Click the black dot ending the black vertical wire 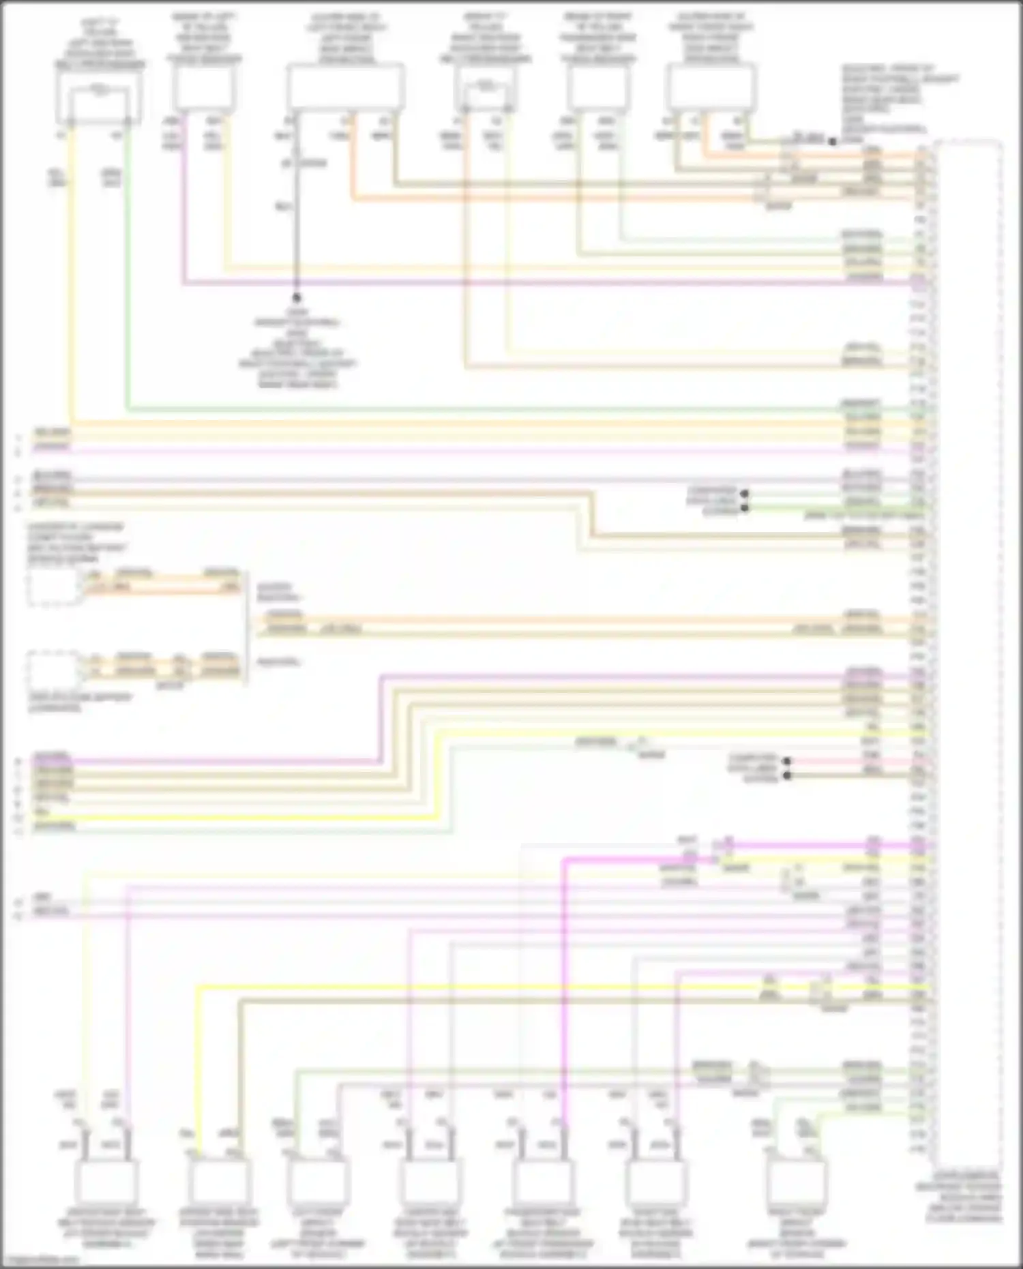297,298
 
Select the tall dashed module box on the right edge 968,655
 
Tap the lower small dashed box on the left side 53,671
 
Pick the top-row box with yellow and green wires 100,98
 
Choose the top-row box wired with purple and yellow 203,89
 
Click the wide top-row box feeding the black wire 345,87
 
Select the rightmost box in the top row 711,87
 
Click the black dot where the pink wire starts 787,760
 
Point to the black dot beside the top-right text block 833,142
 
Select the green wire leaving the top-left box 128,273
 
